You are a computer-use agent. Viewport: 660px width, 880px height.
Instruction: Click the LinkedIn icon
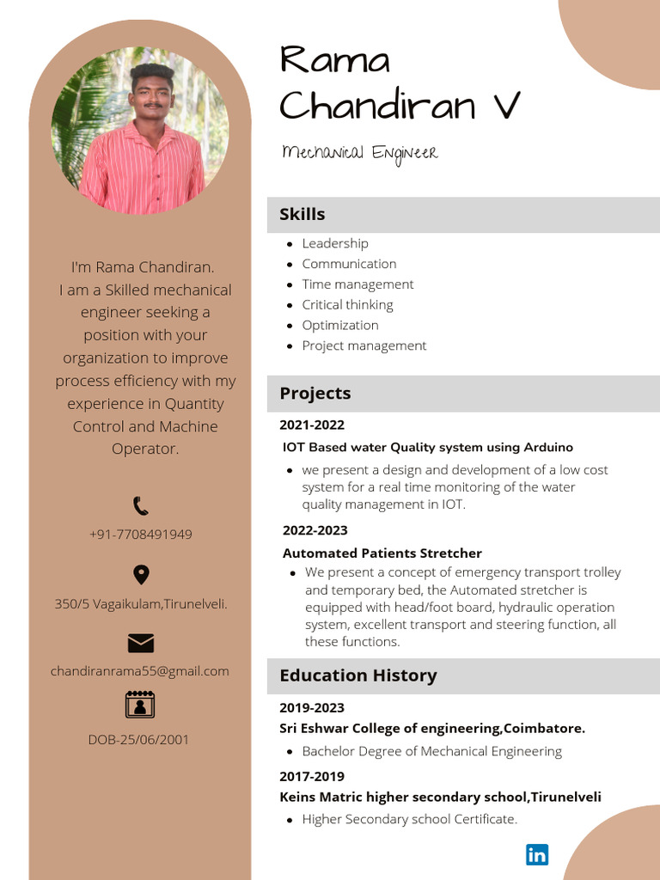(537, 854)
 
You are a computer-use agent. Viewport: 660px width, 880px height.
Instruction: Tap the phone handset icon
(141, 505)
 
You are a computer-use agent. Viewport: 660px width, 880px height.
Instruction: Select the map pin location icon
(141, 575)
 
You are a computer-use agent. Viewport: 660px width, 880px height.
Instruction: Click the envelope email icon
(141, 643)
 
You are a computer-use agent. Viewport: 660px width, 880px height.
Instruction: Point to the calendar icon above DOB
(140, 704)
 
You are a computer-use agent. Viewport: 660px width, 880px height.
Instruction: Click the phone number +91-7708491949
(141, 535)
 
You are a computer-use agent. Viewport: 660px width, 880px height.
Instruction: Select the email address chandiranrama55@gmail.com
(140, 671)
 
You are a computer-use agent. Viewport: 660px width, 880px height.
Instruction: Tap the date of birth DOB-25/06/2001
(138, 740)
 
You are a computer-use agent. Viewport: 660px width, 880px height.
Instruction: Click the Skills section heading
(302, 214)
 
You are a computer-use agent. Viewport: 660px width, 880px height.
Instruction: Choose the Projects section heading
(315, 394)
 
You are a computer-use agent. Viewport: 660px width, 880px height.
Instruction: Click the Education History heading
(357, 675)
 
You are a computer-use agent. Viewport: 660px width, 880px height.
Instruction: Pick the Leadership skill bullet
(335, 244)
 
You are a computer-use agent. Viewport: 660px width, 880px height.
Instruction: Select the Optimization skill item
(340, 326)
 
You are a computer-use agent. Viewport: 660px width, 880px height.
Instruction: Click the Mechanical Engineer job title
(360, 153)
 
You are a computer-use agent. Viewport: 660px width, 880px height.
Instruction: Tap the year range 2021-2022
(312, 425)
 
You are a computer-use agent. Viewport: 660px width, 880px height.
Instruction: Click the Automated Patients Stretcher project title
(382, 553)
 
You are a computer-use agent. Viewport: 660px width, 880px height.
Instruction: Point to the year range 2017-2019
(312, 777)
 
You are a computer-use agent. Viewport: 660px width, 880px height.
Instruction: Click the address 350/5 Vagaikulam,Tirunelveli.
(141, 604)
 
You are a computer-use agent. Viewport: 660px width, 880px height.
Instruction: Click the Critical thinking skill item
(347, 305)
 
